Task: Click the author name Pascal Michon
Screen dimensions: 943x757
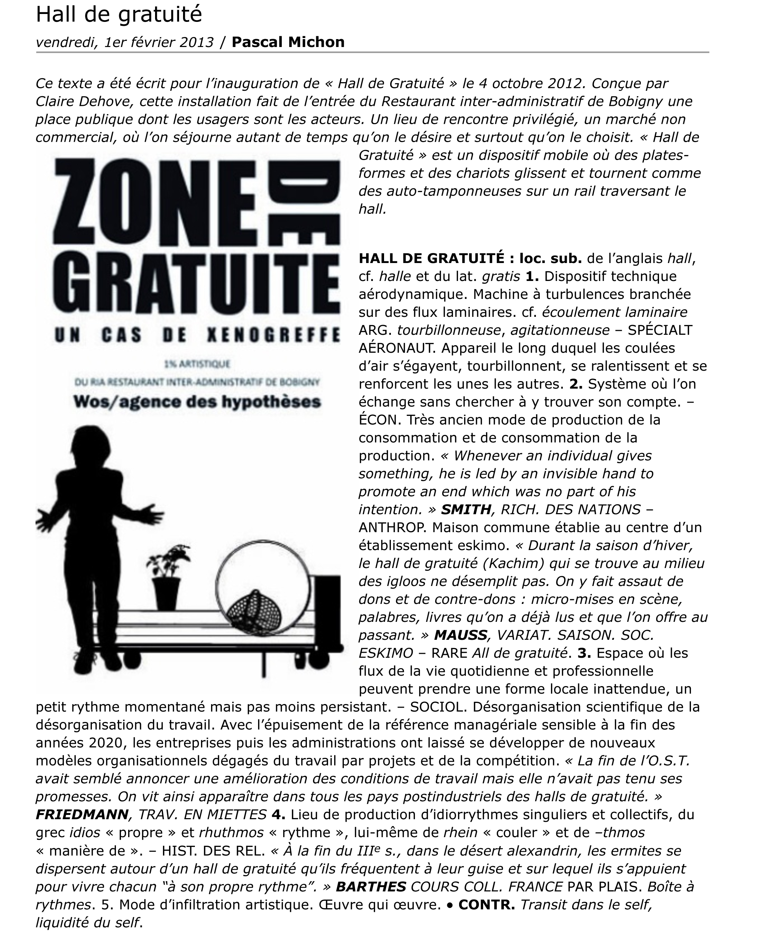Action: pyautogui.click(x=288, y=42)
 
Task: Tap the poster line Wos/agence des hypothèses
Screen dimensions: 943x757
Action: pyautogui.click(x=197, y=401)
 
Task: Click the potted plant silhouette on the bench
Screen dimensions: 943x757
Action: pyautogui.click(x=165, y=577)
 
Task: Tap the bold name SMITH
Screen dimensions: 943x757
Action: pyautogui.click(x=466, y=509)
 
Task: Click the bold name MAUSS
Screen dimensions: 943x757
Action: pyautogui.click(x=460, y=635)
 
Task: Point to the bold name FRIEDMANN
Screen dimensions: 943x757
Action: pyautogui.click(x=82, y=814)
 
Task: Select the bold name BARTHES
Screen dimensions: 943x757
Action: pyautogui.click(x=371, y=886)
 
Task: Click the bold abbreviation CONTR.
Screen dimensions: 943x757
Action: pyautogui.click(x=486, y=904)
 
